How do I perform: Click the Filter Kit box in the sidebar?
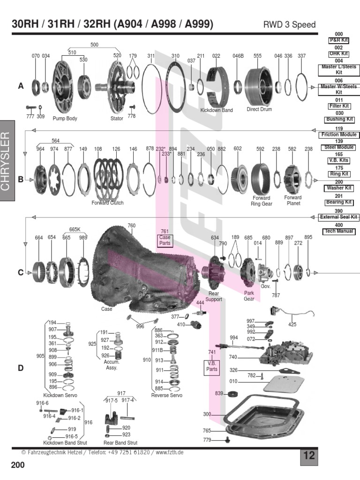pos(339,106)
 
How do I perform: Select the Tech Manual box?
pos(339,232)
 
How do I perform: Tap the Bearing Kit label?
pos(339,202)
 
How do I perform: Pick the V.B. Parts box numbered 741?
pos(212,366)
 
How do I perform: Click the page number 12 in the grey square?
pos(309,456)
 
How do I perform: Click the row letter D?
pos(21,368)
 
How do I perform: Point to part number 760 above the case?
pos(131,226)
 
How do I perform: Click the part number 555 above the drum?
pos(257,56)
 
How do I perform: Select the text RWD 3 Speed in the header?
pos(290,25)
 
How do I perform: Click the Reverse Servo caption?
pos(166,395)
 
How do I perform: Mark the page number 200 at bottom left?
pos(18,465)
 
